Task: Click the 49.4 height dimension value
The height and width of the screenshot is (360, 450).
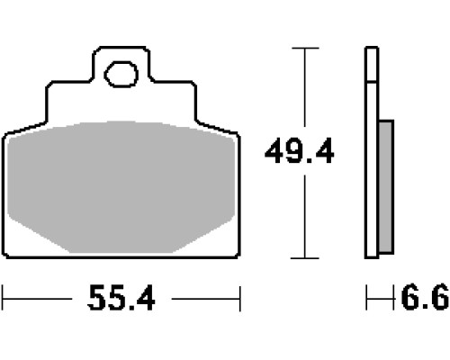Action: point(299,151)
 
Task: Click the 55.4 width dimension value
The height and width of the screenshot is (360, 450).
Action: point(121,299)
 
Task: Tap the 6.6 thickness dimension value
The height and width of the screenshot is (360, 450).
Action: point(425,298)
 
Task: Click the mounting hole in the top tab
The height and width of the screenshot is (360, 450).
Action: point(121,74)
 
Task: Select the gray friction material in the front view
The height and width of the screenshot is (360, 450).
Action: point(121,187)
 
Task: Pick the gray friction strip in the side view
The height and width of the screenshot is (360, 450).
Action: point(386,186)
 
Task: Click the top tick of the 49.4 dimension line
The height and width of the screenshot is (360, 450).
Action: point(305,48)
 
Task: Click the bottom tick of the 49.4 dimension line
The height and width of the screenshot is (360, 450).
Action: point(305,258)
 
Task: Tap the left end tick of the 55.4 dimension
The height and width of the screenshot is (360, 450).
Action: point(3,299)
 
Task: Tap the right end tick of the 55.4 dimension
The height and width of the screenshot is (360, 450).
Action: point(240,299)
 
